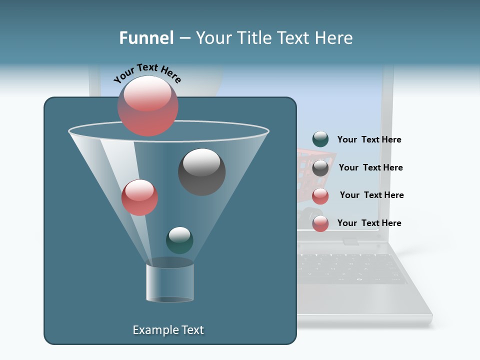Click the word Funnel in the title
pyautogui.click(x=146, y=38)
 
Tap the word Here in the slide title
pyautogui.click(x=332, y=38)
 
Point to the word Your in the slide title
pyautogui.click(x=213, y=38)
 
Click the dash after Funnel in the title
pyautogui.click(x=184, y=38)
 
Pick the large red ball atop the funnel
pyautogui.click(x=148, y=106)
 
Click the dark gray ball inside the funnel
pyautogui.click(x=201, y=171)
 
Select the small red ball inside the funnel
pyautogui.click(x=139, y=197)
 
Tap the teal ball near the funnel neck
pyautogui.click(x=179, y=240)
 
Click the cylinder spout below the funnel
pyautogui.click(x=170, y=283)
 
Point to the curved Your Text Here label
pyautogui.click(x=147, y=72)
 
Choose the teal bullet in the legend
pyautogui.click(x=320, y=139)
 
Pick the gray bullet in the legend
pyautogui.click(x=320, y=168)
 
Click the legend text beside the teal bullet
pyautogui.click(x=369, y=139)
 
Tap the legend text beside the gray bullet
pyautogui.click(x=370, y=167)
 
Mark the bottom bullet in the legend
pyautogui.click(x=320, y=223)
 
